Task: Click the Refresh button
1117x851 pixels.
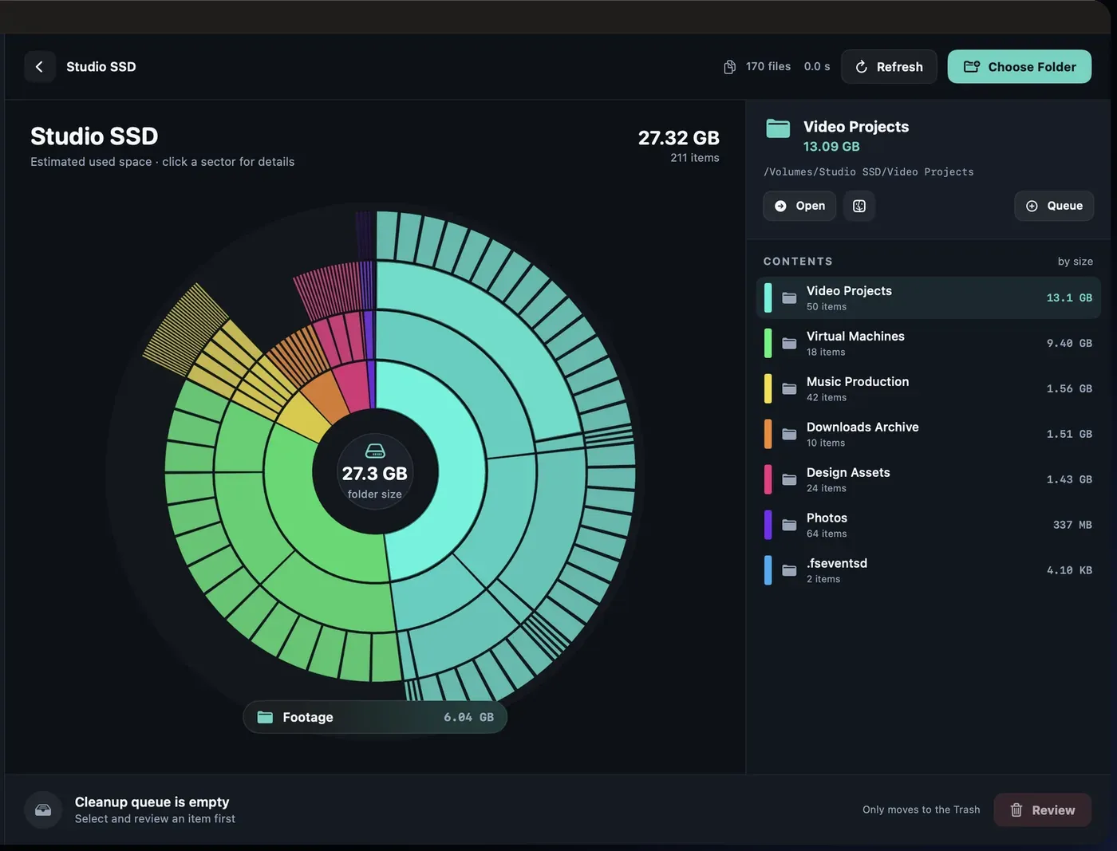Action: [x=889, y=67]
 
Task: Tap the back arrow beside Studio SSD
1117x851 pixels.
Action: [x=40, y=67]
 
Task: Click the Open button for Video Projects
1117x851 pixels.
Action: [x=799, y=206]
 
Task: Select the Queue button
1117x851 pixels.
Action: [x=1054, y=206]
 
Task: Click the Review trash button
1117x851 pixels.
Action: [x=1042, y=810]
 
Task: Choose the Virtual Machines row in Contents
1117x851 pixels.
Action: [x=928, y=343]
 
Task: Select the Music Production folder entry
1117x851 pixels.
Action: [x=928, y=388]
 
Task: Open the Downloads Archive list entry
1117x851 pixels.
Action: [x=928, y=434]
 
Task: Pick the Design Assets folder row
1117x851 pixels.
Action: [x=928, y=479]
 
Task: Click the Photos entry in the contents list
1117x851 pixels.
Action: [x=928, y=525]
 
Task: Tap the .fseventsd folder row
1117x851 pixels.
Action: [x=928, y=570]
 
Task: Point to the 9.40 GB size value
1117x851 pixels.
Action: [x=1069, y=343]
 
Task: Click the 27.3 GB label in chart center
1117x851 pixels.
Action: [x=374, y=474]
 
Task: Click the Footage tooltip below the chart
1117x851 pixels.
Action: [x=375, y=717]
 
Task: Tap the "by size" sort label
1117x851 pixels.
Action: [x=1076, y=262]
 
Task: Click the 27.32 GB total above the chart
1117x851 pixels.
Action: [x=679, y=138]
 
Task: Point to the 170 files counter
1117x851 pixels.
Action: [x=768, y=67]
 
